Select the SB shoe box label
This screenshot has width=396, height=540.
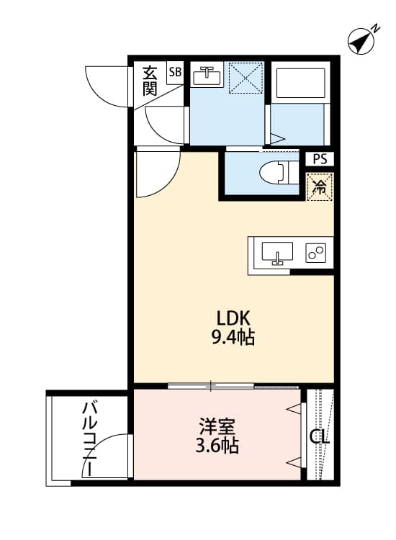(175, 72)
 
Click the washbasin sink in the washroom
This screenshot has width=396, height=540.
(210, 75)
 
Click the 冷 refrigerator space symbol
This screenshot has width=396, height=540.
(319, 188)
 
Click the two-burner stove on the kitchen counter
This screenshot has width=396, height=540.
(316, 253)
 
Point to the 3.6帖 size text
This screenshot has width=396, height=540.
(217, 446)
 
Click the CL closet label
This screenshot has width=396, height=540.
(319, 436)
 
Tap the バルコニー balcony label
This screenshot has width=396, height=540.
(89, 438)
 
